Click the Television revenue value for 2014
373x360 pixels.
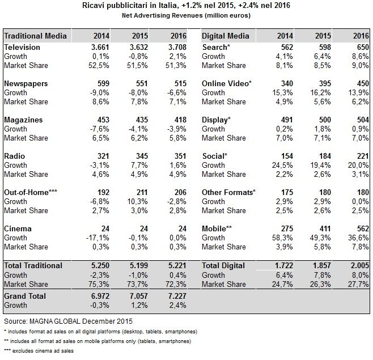coord(100,47)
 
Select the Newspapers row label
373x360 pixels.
coord(26,83)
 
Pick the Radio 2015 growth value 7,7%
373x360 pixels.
coord(139,165)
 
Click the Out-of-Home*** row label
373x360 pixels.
coord(31,192)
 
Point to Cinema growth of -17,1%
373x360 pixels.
coord(98,238)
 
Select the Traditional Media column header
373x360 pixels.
coord(35,36)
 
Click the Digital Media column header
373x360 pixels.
coord(225,36)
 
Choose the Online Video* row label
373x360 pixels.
coord(227,83)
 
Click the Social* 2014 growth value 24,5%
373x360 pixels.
coord(282,165)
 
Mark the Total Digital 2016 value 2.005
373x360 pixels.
coord(359,265)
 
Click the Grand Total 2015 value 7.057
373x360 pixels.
coord(139,296)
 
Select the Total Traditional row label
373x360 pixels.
coord(33,265)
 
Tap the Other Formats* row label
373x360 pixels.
coord(228,192)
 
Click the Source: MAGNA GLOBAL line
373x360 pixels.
coord(68,321)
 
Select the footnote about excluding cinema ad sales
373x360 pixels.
coord(39,351)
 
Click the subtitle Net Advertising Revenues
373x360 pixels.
coord(186,15)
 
